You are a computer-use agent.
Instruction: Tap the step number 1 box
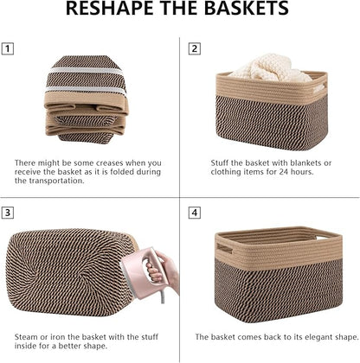(9, 48)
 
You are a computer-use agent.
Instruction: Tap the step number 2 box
(195, 48)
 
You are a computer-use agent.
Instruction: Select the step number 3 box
(9, 211)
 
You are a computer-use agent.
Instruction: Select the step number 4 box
(195, 211)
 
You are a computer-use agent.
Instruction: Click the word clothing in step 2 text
(229, 172)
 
